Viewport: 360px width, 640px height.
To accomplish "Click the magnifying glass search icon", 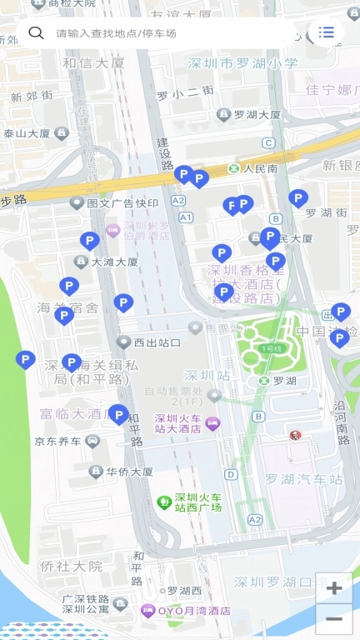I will pos(36,32).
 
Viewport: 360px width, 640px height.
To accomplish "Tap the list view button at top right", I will pos(326,32).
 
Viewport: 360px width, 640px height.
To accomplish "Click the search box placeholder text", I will pos(117,33).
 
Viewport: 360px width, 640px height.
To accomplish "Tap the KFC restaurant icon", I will pos(294,435).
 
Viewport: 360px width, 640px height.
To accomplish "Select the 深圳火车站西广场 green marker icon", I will pos(164,502).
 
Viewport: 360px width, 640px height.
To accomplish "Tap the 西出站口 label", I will pos(157,342).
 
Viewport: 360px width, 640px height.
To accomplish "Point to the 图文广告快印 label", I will pos(122,202).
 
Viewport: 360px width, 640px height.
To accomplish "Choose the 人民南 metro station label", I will pos(260,168).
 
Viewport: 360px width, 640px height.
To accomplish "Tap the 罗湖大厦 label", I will pos(257,114).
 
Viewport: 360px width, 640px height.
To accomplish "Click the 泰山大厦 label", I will pos(27,132).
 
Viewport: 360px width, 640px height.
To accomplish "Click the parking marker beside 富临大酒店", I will pos(119,414).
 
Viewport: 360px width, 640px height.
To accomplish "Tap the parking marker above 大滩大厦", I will pos(90,242).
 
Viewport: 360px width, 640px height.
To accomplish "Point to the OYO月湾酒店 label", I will pos(192,611).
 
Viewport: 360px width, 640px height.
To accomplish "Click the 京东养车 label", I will pos(58,441).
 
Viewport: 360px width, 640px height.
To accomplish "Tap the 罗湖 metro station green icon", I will pos(264,381).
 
